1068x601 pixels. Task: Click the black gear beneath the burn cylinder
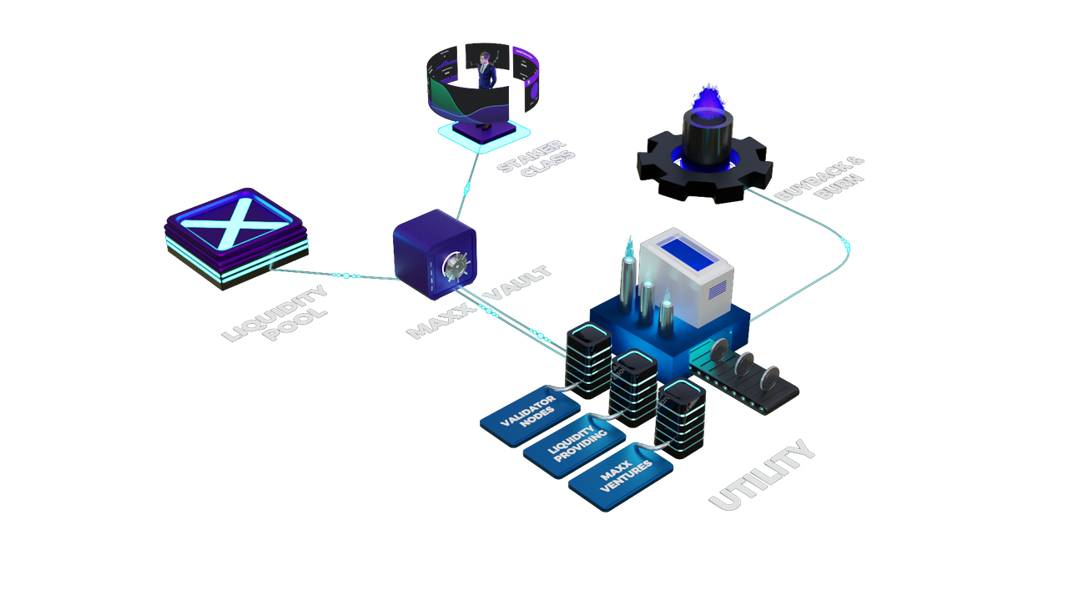(705, 168)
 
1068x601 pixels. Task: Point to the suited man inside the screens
(486, 72)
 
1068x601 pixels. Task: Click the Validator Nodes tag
(530, 415)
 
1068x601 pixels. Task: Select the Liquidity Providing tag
(574, 445)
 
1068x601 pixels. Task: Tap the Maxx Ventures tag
(620, 476)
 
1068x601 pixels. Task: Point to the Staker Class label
(536, 158)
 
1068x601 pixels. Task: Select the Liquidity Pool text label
(275, 313)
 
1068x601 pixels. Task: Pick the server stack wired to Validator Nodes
(588, 360)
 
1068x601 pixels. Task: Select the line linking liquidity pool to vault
(335, 275)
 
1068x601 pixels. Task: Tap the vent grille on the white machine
(718, 289)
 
